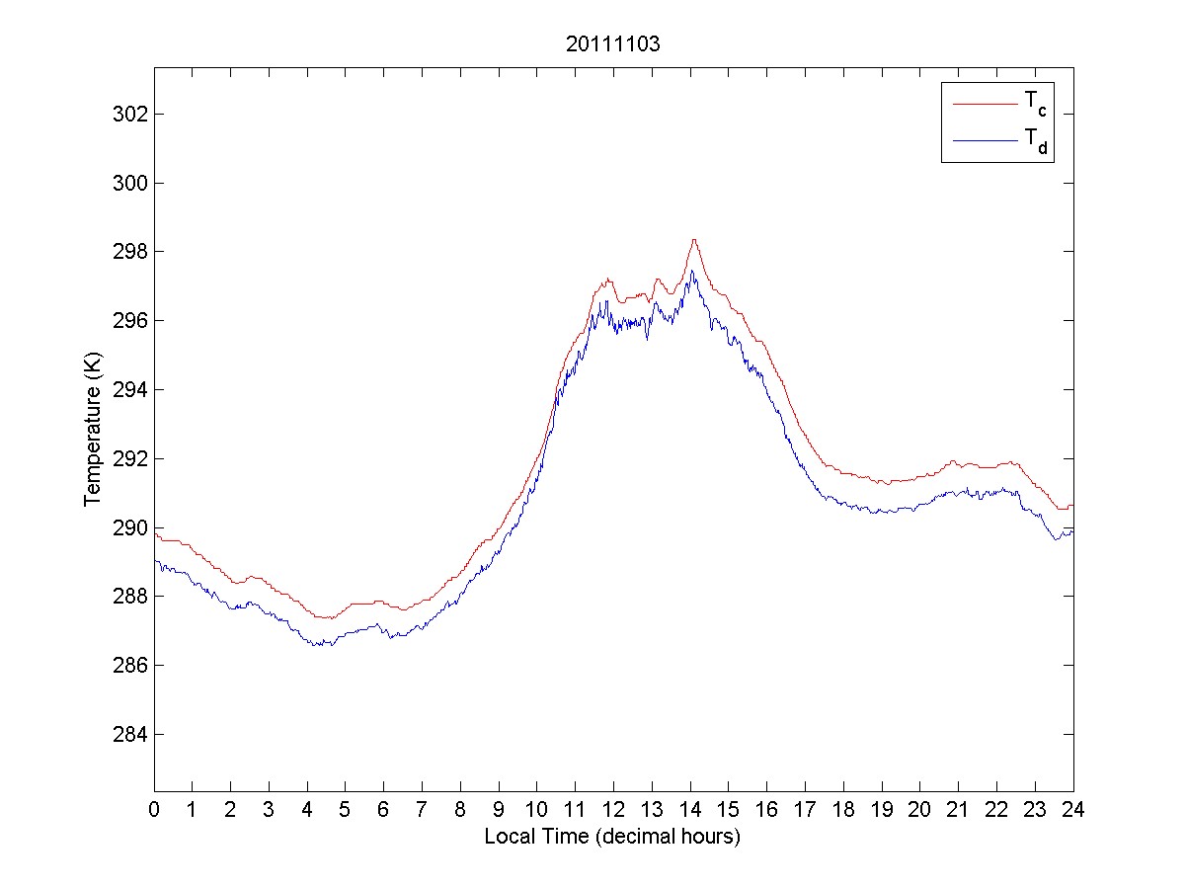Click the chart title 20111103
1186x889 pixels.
[613, 44]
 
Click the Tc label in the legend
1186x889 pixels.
[1034, 102]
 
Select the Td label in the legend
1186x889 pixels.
[1034, 143]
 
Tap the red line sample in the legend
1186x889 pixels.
[985, 102]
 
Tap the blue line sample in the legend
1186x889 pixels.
[985, 141]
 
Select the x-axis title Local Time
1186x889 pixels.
[612, 837]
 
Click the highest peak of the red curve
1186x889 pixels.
[694, 240]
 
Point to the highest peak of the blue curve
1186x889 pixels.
[692, 271]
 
